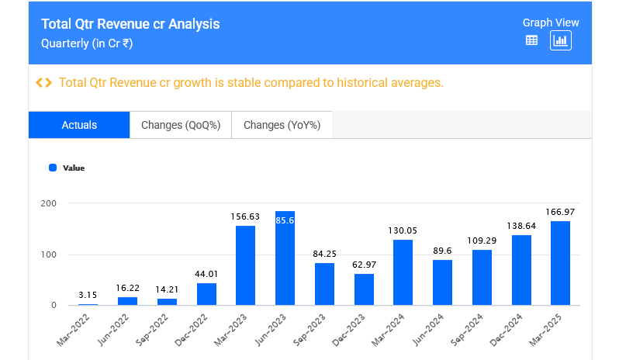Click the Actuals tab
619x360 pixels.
79,125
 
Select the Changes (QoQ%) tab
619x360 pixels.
181,125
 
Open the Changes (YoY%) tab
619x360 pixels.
282,125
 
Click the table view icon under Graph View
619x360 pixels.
531,41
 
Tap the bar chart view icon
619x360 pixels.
560,41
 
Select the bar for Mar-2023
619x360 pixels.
245,265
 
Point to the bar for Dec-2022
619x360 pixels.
206,293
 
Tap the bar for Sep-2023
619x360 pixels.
324,283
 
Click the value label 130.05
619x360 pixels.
403,230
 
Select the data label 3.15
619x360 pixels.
88,295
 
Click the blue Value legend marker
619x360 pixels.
53,168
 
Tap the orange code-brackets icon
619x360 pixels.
44,83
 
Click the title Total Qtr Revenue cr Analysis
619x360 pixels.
130,24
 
